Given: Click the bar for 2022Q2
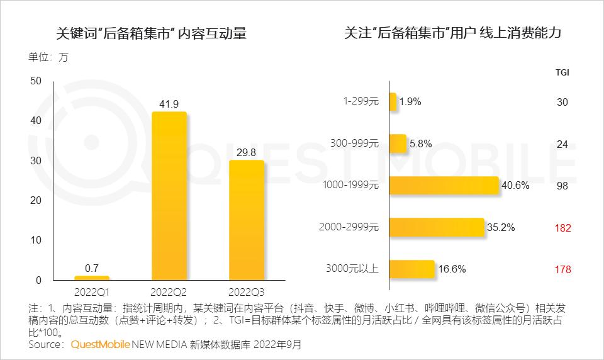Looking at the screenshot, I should [169, 196].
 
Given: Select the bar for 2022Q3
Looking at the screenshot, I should [246, 220].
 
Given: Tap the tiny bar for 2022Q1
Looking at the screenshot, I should [92, 278].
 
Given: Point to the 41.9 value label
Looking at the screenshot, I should [169, 103].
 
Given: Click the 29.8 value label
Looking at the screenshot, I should [246, 152].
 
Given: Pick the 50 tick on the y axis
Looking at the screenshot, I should [35, 81].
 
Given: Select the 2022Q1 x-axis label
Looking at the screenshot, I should [92, 292].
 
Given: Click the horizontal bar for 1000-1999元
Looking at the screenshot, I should [444, 186].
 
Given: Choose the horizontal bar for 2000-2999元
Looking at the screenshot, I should [437, 227].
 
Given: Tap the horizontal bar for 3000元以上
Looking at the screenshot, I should [412, 269].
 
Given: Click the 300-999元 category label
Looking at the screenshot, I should [355, 143].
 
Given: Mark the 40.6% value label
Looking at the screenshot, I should [516, 186].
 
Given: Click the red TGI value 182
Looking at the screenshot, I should [562, 228].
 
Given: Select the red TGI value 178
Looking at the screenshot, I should [562, 269].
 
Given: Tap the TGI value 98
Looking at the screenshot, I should [562, 186].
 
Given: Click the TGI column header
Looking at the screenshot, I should [562, 72].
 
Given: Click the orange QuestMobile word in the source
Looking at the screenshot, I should [100, 345].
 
